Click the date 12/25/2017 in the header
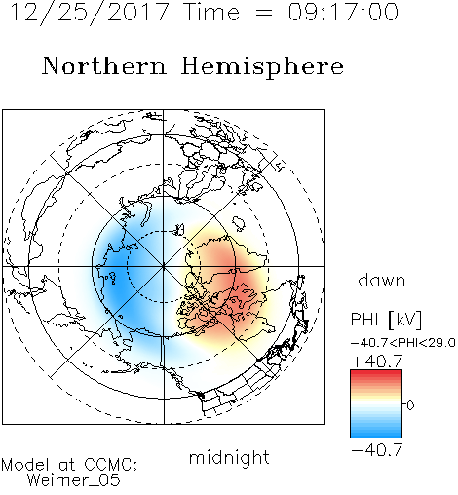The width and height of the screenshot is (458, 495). (90, 12)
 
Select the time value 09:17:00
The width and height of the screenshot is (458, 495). (343, 12)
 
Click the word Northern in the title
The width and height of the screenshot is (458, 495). (104, 65)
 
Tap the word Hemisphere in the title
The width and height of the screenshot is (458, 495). (262, 66)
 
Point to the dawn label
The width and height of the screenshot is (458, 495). (382, 280)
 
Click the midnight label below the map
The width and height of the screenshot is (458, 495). (229, 457)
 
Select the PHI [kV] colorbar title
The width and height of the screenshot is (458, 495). (386, 320)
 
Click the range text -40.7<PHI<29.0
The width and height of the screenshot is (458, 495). (403, 343)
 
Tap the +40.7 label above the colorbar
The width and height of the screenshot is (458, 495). (377, 362)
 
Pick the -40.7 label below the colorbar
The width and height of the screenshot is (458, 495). (377, 450)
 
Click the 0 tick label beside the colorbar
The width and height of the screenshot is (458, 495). (410, 405)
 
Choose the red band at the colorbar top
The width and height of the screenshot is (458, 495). (376, 374)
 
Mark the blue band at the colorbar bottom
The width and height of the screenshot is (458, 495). (376, 433)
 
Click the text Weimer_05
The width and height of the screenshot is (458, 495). (74, 480)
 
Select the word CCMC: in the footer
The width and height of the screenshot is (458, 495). (111, 465)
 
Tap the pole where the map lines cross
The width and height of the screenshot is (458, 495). (164, 266)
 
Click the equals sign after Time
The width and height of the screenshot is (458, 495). (264, 13)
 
